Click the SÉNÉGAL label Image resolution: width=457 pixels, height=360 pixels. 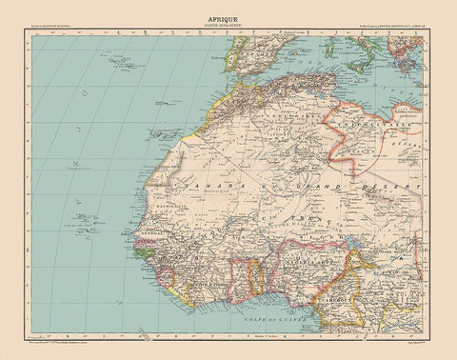[x=158, y=232]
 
